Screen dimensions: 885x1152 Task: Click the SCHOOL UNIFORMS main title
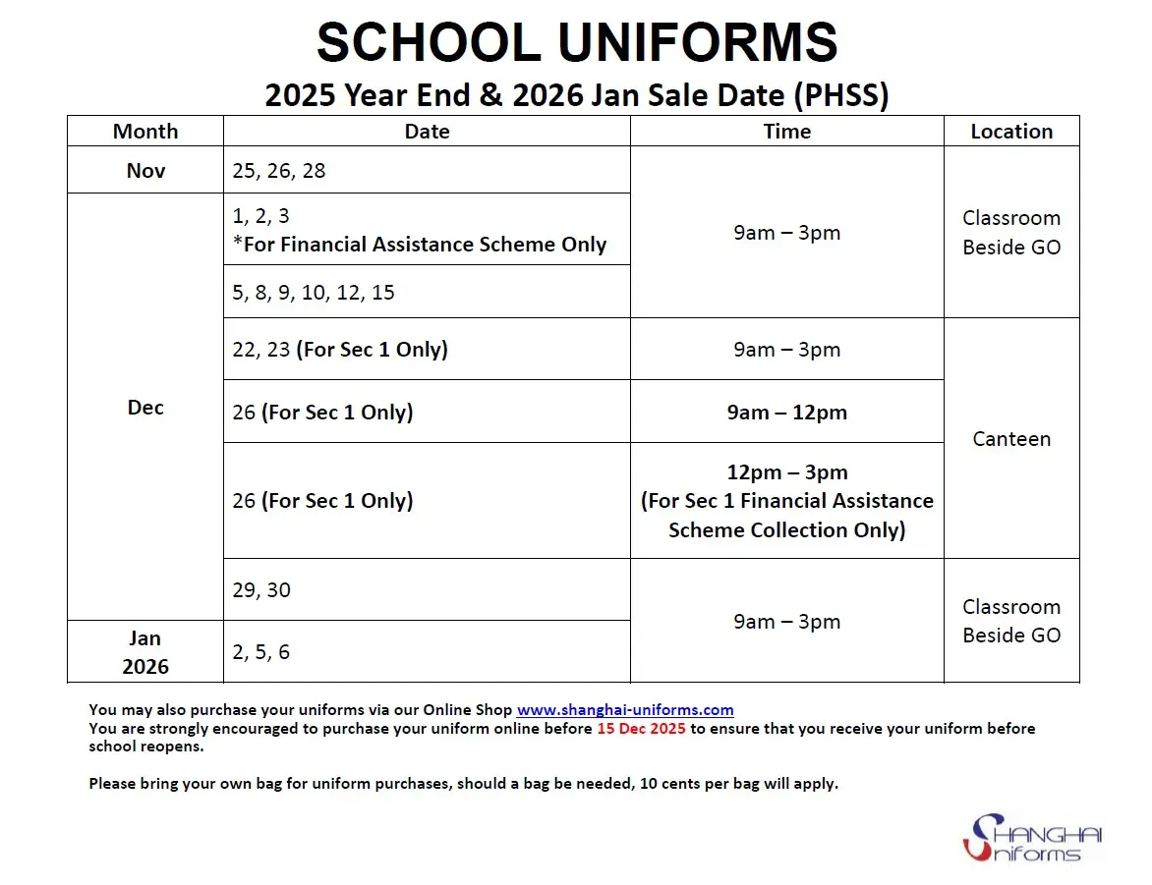coord(577,43)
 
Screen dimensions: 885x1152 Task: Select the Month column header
coord(145,132)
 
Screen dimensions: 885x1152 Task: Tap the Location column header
coord(1011,132)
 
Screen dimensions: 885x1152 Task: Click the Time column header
coord(786,132)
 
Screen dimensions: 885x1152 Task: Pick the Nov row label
coord(145,171)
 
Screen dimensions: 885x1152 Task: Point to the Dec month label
coord(145,408)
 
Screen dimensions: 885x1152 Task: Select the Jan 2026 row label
coord(145,652)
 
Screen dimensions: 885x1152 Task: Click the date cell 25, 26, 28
coord(279,171)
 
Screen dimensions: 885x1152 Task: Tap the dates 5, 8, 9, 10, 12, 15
coord(314,293)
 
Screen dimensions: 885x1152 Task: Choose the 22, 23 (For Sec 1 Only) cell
coord(340,350)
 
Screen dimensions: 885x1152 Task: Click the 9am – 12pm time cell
coord(786,413)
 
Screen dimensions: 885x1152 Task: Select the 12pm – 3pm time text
coord(786,472)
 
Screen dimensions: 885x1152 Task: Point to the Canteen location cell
coord(1011,439)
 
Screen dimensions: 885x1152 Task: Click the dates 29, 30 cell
coord(261,590)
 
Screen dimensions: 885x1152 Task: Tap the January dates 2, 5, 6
coord(261,652)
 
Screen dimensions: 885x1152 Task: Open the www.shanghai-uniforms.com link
coord(625,710)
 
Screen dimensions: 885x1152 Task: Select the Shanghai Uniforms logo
coord(1032,838)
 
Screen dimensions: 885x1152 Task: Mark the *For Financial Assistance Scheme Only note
coord(420,245)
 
